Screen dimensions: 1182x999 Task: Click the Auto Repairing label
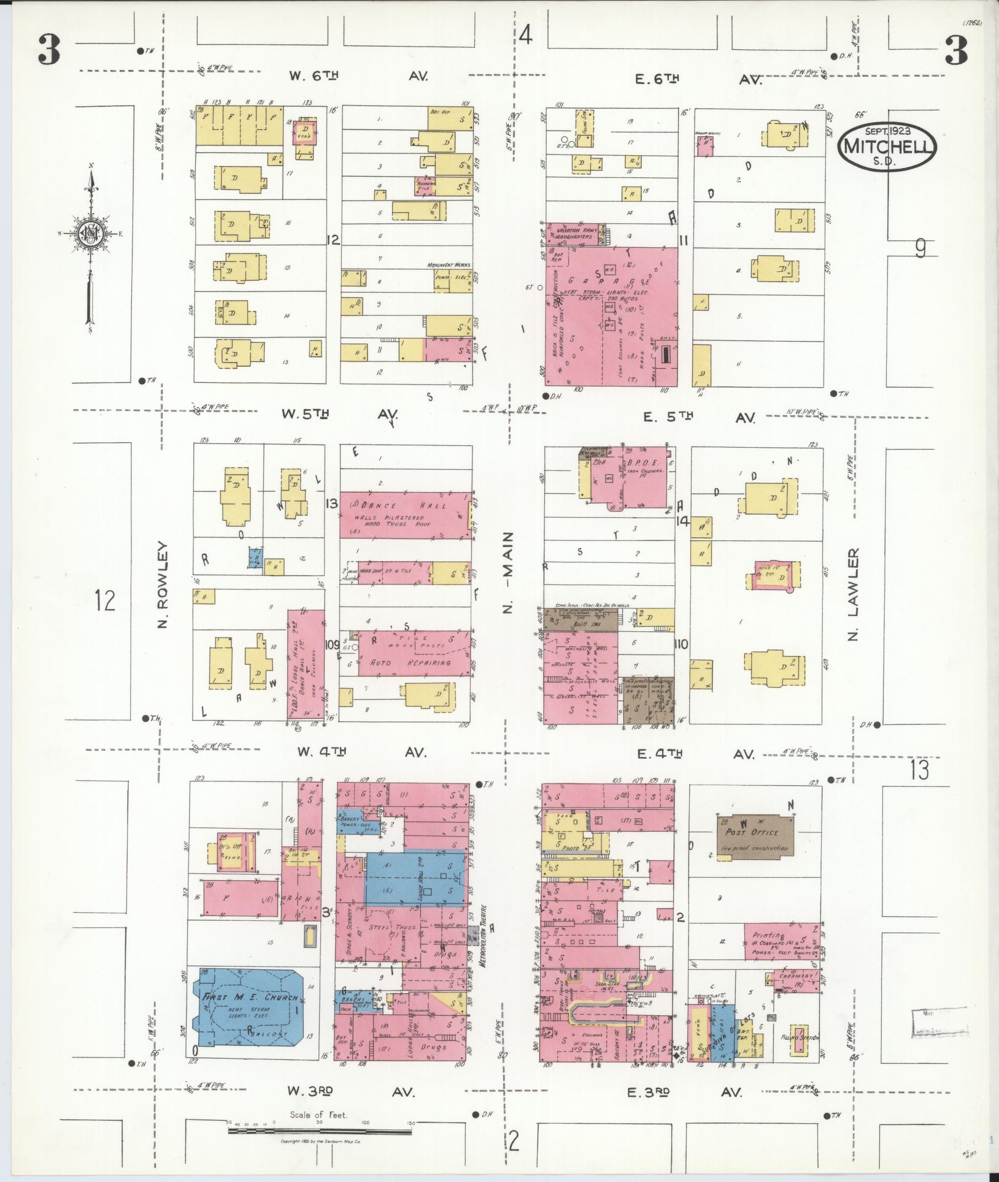click(412, 662)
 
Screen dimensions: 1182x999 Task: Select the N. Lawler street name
click(853, 594)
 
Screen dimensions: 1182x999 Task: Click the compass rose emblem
click(90, 233)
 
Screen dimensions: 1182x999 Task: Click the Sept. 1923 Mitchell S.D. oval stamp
click(887, 146)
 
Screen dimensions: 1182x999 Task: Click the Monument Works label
click(450, 265)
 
